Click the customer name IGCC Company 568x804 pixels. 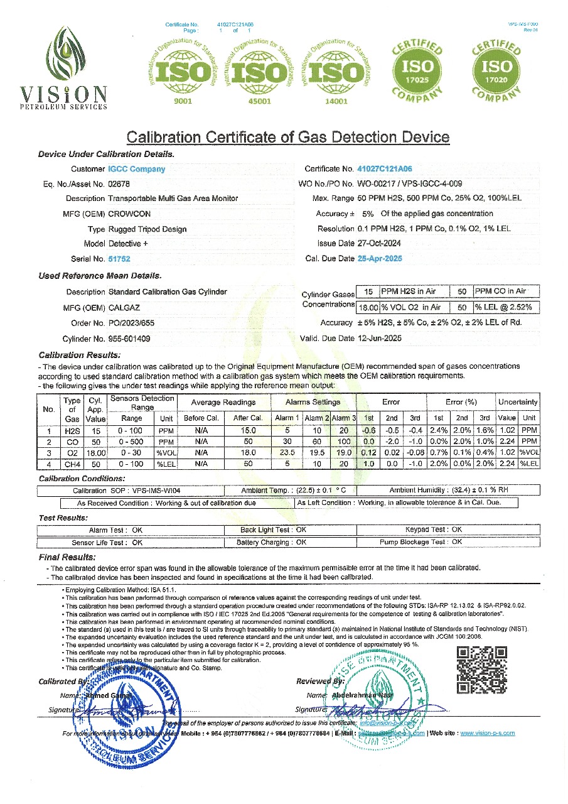(x=137, y=169)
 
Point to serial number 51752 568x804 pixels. (x=119, y=259)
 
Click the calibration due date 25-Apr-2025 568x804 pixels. (x=380, y=258)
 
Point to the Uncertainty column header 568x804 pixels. (x=518, y=402)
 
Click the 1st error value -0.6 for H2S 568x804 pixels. (x=368, y=430)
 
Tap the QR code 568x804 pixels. (x=481, y=670)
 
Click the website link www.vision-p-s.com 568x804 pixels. (x=487, y=733)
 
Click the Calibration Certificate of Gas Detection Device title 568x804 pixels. (x=288, y=137)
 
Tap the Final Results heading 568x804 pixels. (x=67, y=557)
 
